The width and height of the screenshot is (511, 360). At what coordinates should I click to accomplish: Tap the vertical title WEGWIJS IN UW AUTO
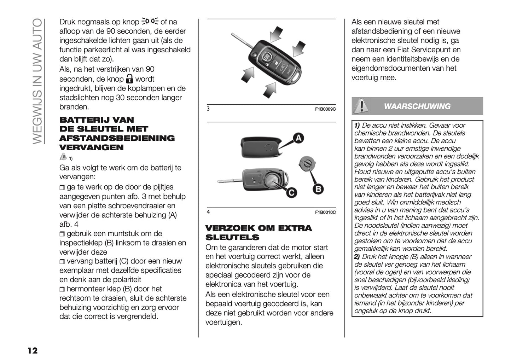[x=38, y=81]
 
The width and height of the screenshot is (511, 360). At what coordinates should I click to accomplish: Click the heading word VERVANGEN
[x=91, y=147]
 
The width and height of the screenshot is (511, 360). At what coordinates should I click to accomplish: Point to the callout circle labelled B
[x=318, y=189]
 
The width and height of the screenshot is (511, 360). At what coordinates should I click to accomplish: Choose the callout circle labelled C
[x=291, y=192]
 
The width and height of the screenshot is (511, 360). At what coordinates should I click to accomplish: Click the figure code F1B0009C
[x=325, y=109]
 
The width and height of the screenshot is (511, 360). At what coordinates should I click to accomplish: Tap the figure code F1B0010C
[x=325, y=212]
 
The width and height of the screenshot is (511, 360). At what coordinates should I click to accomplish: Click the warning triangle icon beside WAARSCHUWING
[x=360, y=106]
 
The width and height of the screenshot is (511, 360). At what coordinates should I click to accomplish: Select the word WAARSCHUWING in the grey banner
[x=417, y=106]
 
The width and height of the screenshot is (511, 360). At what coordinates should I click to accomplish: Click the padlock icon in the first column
[x=130, y=79]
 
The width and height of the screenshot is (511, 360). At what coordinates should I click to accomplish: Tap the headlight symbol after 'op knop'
[x=150, y=22]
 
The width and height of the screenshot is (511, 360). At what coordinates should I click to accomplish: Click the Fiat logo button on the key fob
[x=267, y=57]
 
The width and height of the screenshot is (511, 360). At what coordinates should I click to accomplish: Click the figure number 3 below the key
[x=208, y=109]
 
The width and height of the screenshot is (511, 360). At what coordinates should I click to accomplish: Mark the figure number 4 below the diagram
[x=208, y=212]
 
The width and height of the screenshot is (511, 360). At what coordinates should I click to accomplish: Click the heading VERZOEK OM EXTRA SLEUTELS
[x=259, y=232]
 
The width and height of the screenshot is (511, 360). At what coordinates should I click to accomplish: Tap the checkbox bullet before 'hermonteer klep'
[x=62, y=289]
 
